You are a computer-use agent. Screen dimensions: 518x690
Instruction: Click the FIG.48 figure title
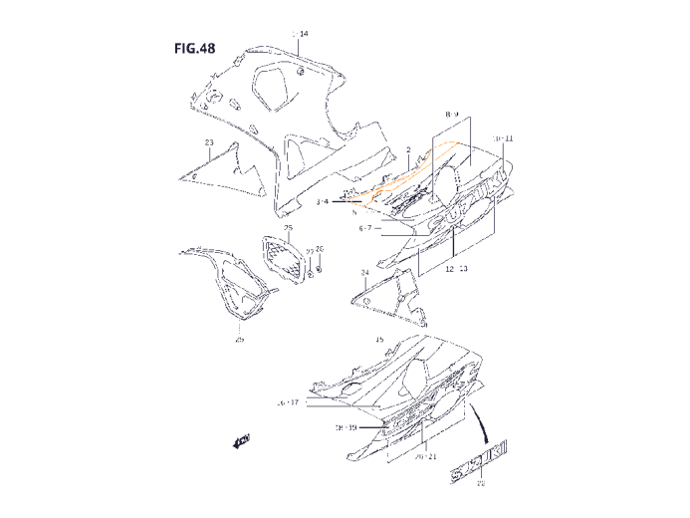(193, 49)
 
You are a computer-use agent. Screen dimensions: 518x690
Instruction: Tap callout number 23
(209, 142)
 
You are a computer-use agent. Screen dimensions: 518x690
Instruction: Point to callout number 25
(288, 228)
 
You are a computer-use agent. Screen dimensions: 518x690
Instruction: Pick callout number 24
(364, 271)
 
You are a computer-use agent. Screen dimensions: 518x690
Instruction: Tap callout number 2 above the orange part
(408, 149)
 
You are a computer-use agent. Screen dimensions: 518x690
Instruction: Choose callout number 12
(449, 269)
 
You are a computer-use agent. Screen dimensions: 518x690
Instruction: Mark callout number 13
(464, 269)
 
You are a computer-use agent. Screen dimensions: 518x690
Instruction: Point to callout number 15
(379, 340)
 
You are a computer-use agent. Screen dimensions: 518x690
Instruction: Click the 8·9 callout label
(452, 115)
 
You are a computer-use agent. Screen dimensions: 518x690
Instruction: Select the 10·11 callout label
(503, 137)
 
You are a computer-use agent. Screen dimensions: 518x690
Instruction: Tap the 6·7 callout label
(365, 227)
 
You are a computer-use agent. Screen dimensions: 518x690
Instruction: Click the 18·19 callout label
(345, 426)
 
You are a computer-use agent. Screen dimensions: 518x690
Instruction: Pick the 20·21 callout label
(425, 457)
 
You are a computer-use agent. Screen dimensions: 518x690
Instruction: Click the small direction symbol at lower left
(241, 440)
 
